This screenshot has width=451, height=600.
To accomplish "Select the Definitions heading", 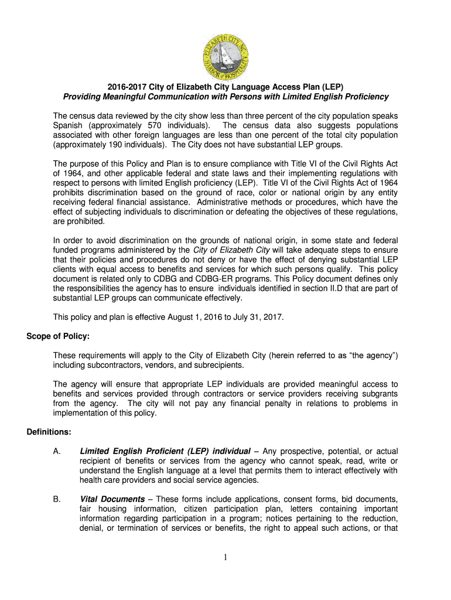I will coord(49,432).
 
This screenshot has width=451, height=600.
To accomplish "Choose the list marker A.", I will coord(57,451).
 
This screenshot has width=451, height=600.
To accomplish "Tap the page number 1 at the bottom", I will coord(225,557).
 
